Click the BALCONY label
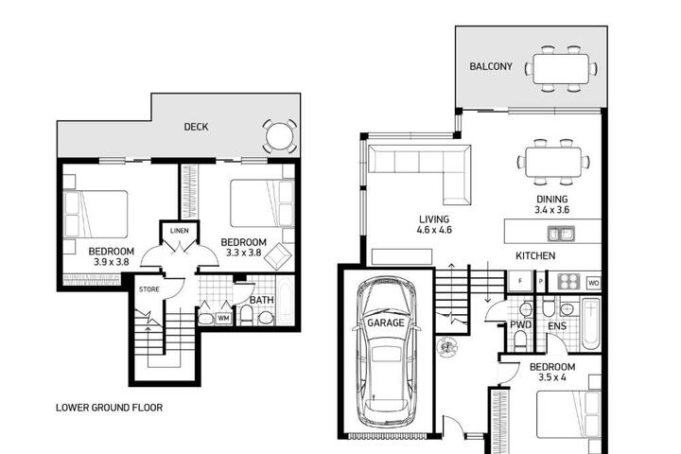(491, 66)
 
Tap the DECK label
(196, 127)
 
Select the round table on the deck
(280, 136)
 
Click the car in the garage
(386, 353)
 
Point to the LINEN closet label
(180, 231)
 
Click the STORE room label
(149, 289)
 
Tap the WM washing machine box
(223, 318)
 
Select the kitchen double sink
(561, 234)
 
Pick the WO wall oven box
(594, 283)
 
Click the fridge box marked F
(520, 281)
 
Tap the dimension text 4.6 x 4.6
(434, 230)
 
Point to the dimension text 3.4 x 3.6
(552, 210)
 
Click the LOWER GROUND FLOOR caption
(110, 408)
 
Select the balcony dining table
(561, 69)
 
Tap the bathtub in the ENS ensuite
(590, 323)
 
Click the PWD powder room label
(521, 325)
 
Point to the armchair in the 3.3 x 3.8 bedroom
(278, 256)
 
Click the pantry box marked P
(541, 281)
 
